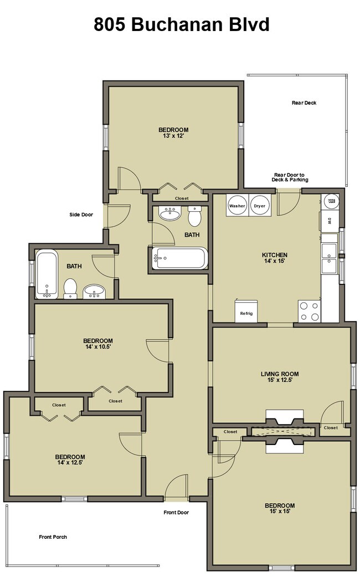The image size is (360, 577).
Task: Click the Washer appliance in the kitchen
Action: (237, 206)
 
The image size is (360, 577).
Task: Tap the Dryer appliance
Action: (260, 206)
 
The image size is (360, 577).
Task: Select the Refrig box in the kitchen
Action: (246, 311)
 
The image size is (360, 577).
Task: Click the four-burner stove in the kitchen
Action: (309, 311)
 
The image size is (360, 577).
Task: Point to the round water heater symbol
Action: (331, 201)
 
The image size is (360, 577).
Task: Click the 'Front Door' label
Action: (176, 512)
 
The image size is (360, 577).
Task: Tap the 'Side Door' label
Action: (81, 215)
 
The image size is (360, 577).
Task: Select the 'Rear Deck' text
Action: (304, 103)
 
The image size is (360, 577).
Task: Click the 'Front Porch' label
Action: (53, 537)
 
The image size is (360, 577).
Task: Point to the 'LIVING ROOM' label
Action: (280, 374)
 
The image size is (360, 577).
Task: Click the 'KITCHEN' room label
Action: (275, 254)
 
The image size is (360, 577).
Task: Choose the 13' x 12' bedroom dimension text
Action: (173, 136)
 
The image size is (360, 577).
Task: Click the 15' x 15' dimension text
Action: (280, 511)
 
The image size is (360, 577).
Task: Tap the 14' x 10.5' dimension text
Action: (98, 346)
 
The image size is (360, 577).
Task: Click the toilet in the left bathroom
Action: (70, 288)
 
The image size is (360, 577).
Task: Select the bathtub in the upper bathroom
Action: (180, 258)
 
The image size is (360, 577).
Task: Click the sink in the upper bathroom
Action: (170, 213)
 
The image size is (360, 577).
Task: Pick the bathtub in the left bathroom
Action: (47, 274)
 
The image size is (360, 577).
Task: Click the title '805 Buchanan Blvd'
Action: (182, 24)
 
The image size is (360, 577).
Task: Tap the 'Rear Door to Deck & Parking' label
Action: (290, 177)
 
